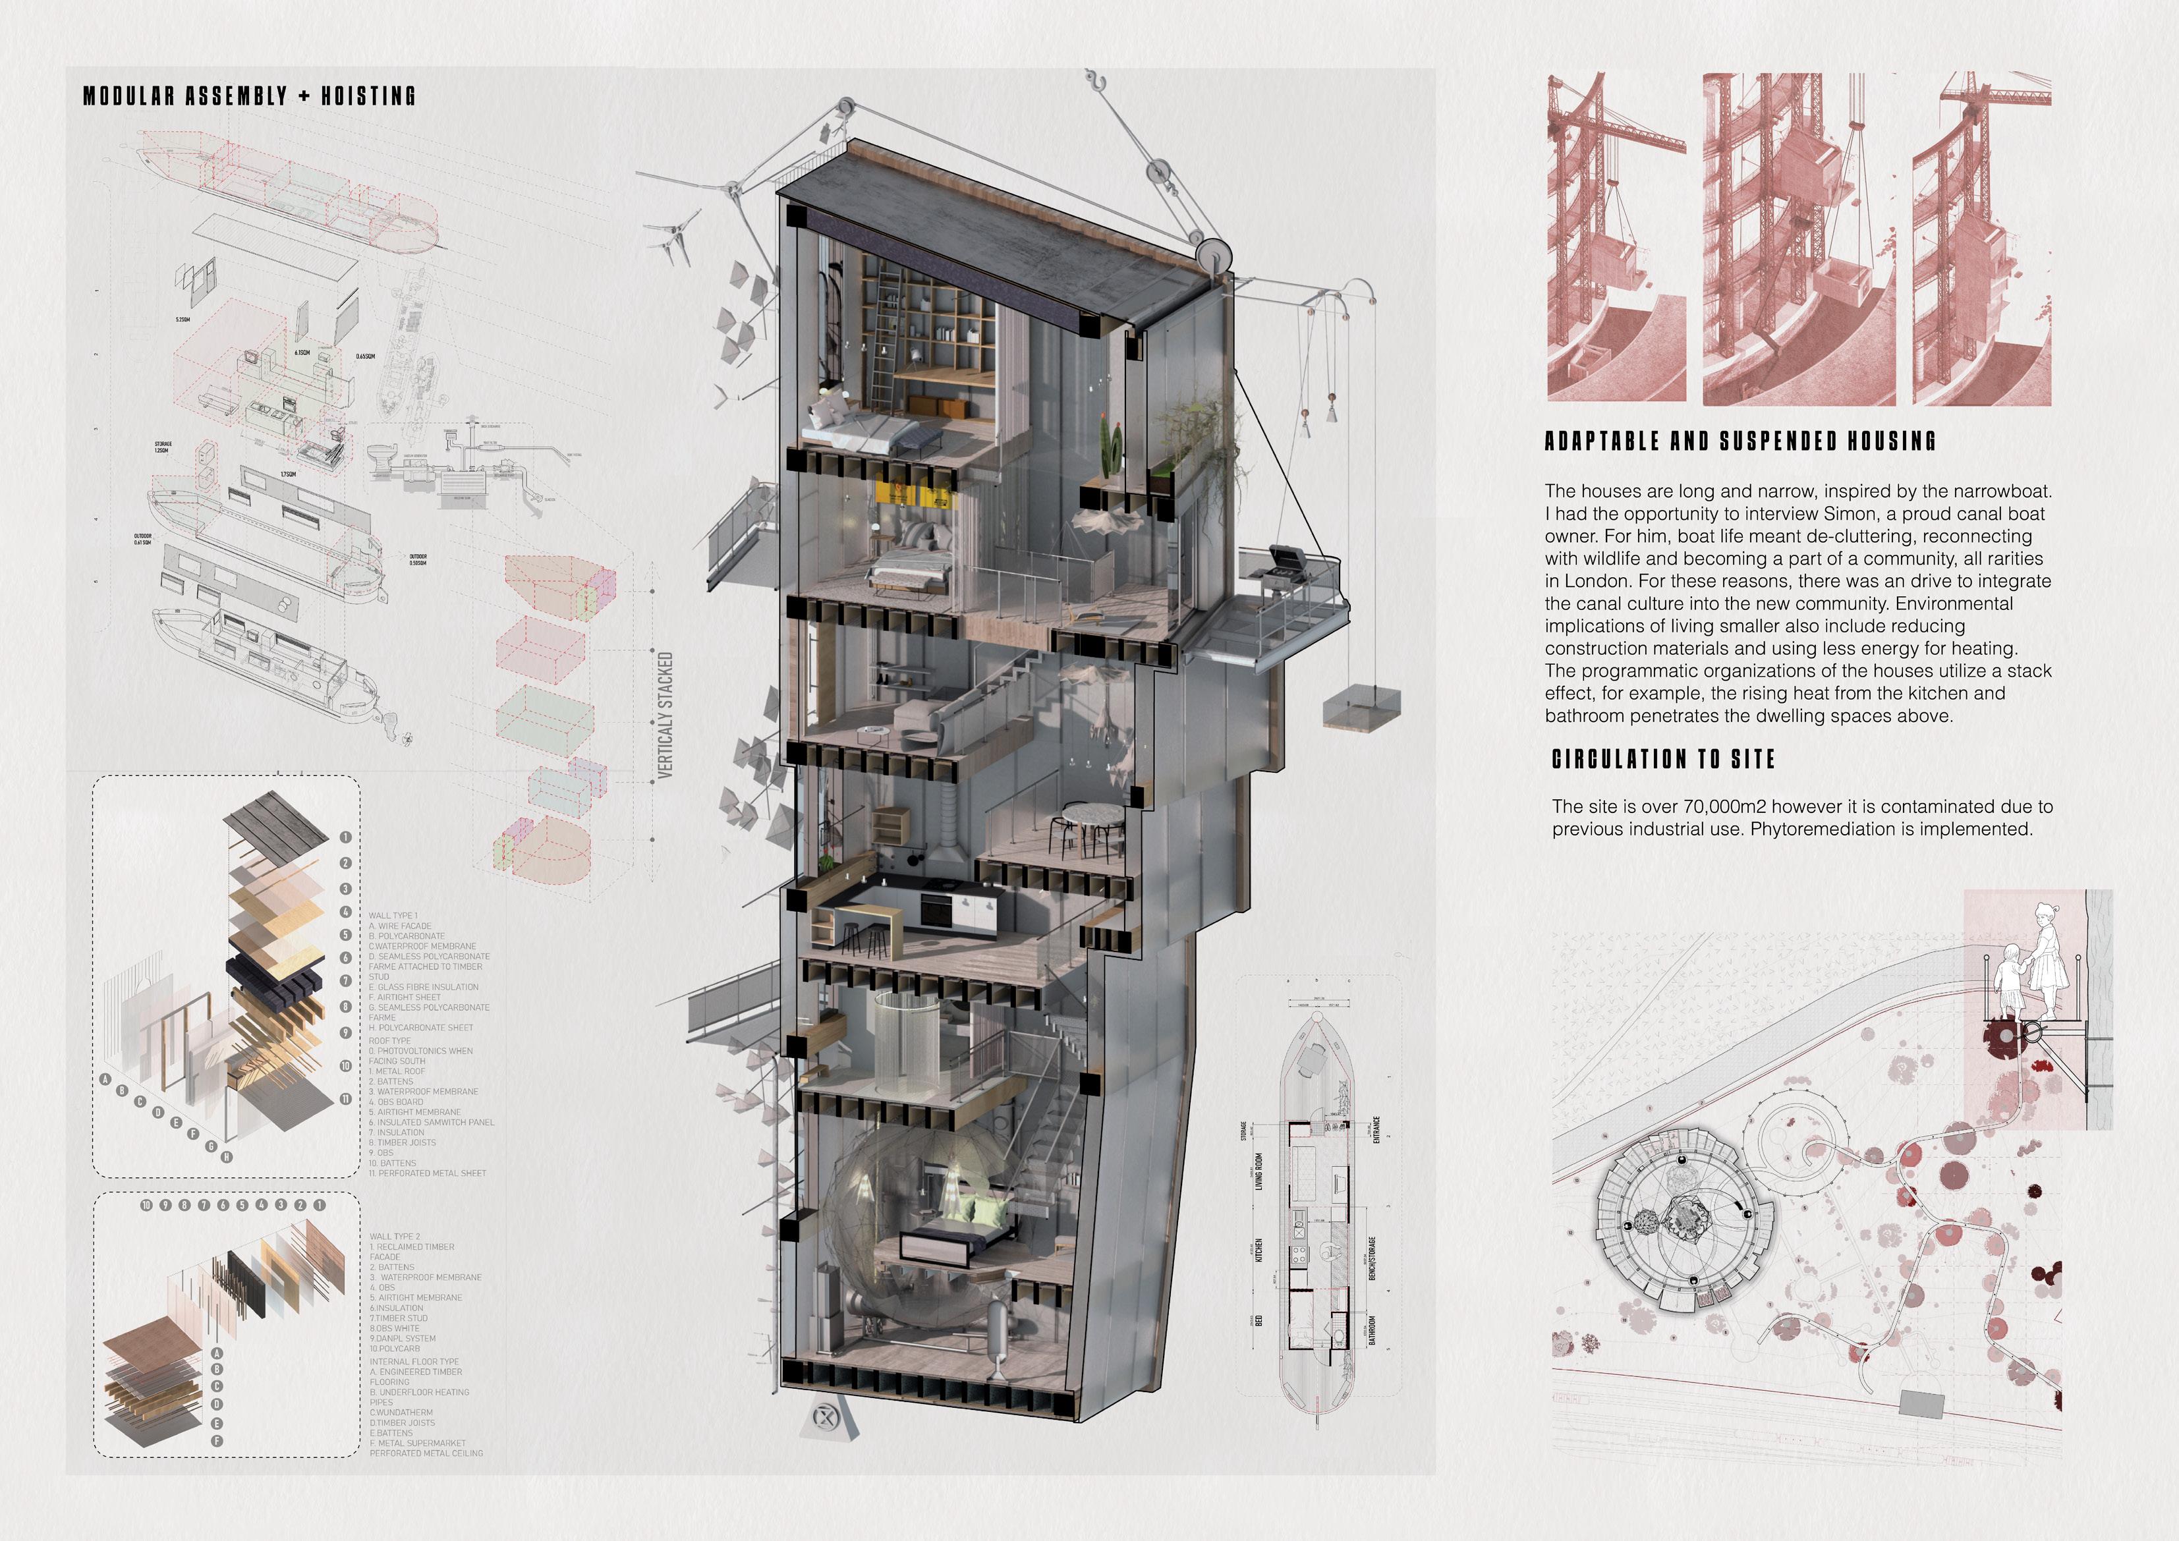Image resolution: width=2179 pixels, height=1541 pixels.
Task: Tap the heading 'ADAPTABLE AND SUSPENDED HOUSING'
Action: click(x=1740, y=441)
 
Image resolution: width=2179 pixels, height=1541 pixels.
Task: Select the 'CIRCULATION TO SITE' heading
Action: click(x=1662, y=759)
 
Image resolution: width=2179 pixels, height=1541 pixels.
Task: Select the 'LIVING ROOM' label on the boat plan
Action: click(x=1259, y=1172)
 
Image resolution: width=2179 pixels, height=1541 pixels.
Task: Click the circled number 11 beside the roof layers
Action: click(x=345, y=1099)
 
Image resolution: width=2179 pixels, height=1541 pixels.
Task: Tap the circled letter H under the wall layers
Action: click(x=226, y=1158)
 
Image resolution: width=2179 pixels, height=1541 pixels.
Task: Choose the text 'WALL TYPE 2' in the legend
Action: click(x=394, y=1237)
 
